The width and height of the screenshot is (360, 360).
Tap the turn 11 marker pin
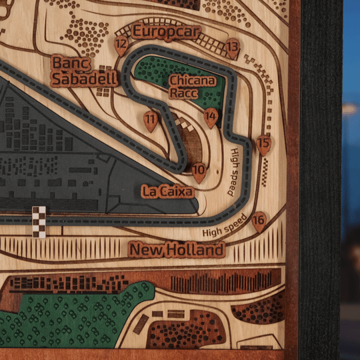click(x=151, y=121)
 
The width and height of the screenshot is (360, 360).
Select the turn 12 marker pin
click(x=121, y=45)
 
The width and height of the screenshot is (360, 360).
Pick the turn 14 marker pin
click(x=211, y=117)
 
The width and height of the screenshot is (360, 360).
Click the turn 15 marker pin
click(x=263, y=143)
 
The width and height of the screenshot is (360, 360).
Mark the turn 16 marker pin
click(x=259, y=221)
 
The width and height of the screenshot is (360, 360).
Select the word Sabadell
click(x=85, y=79)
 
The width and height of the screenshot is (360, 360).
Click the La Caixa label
click(x=167, y=191)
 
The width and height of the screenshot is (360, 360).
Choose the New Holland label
click(x=177, y=250)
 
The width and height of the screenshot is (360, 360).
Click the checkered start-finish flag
click(x=39, y=221)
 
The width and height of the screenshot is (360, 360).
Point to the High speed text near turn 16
click(x=225, y=225)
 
